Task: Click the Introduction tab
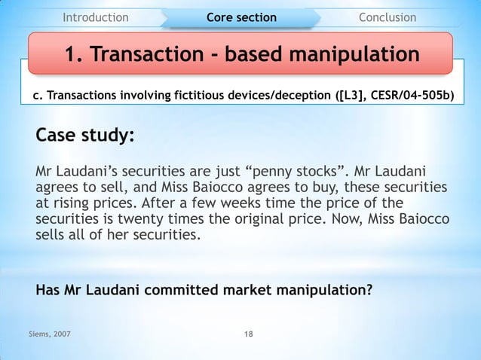[x=95, y=17]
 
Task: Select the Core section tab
[x=241, y=17]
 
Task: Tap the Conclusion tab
[x=387, y=17]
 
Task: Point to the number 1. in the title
[x=75, y=55]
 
